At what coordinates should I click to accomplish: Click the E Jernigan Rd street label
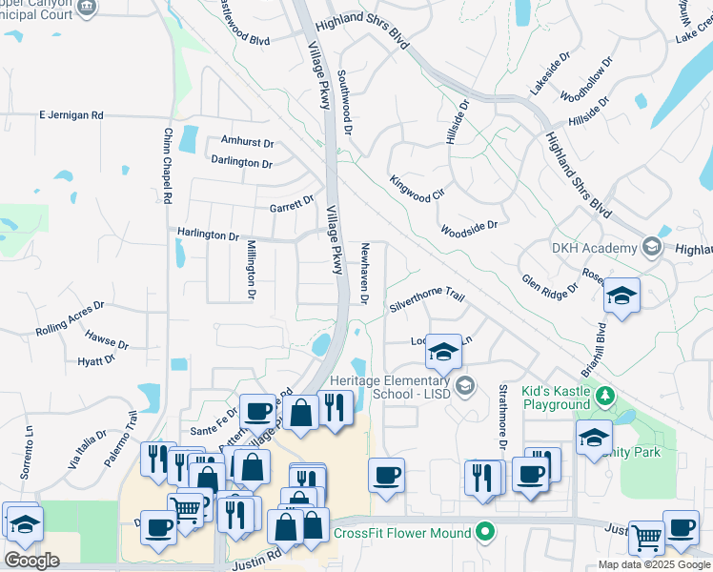pos(71,115)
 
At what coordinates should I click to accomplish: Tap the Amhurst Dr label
pos(247,142)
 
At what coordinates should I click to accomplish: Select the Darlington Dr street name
pos(241,162)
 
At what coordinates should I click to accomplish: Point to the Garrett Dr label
pos(291,202)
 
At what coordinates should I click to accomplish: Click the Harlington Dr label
pos(207,235)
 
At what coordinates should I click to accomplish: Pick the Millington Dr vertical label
pos(252,270)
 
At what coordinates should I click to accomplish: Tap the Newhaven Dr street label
pos(364,274)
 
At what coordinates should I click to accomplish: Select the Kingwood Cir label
pos(418,188)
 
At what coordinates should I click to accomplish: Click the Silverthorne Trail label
pos(426,302)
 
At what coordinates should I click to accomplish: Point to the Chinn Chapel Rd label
pos(167,165)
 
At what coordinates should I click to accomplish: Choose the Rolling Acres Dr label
pos(70,322)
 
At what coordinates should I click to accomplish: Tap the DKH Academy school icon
pos(652,248)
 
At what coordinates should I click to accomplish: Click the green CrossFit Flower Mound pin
pos(486,532)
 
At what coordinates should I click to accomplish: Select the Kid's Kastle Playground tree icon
pos(603,394)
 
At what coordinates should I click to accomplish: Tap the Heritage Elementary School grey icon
pos(464,385)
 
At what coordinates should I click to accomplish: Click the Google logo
pos(31,561)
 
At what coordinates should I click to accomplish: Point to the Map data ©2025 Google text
pos(654,564)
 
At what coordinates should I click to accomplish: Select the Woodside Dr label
pos(469,228)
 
